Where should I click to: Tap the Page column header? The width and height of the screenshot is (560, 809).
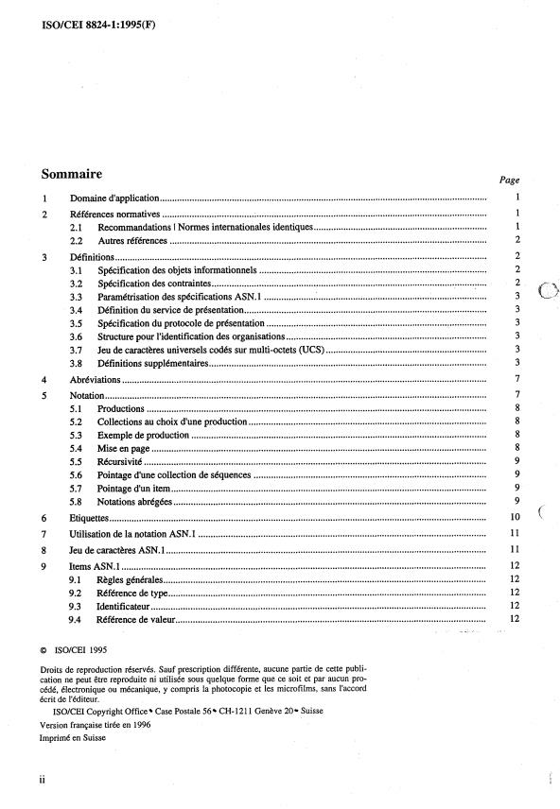pyautogui.click(x=508, y=180)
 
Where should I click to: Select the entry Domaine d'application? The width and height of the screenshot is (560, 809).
pyautogui.click(x=114, y=199)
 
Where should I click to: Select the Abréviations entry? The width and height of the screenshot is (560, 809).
pyautogui.click(x=96, y=379)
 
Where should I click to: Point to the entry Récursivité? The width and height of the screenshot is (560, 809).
pyautogui.click(x=120, y=460)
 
